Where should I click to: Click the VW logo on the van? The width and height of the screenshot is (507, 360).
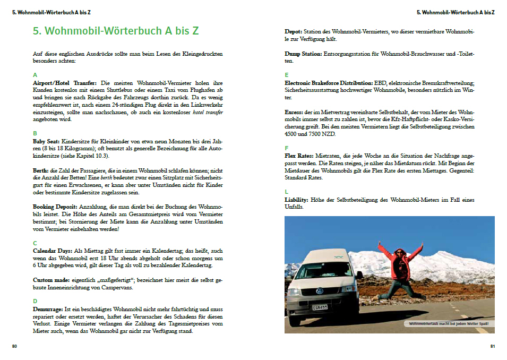click(x=319, y=291)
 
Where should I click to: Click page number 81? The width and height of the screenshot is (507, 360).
click(x=492, y=346)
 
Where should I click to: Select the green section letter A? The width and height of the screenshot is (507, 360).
click(x=35, y=75)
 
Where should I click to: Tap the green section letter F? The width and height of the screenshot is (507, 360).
click(x=287, y=148)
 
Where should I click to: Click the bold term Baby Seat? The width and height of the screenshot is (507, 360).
click(x=46, y=142)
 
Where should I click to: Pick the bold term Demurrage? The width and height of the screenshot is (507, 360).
click(x=48, y=309)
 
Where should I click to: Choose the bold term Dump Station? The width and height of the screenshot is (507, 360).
click(x=303, y=54)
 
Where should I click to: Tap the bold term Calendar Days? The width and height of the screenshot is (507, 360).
click(x=53, y=251)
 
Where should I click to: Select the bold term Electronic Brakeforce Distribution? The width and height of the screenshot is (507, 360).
click(x=328, y=83)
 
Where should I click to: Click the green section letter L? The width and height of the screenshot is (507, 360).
click(x=287, y=191)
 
